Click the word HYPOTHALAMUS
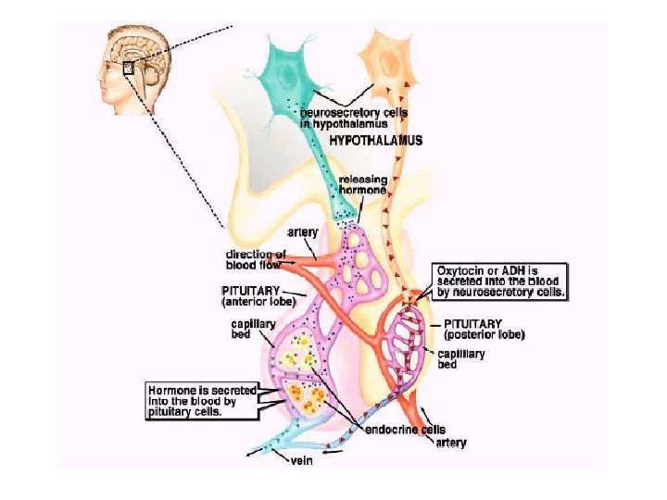click(376, 142)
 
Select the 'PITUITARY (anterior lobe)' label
click(258, 295)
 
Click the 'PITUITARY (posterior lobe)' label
click(483, 328)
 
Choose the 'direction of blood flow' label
click(256, 258)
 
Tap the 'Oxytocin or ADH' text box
click(501, 281)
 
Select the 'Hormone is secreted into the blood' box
click(201, 401)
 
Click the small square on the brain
click(129, 67)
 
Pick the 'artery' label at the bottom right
click(450, 443)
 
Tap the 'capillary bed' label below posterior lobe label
click(459, 358)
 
